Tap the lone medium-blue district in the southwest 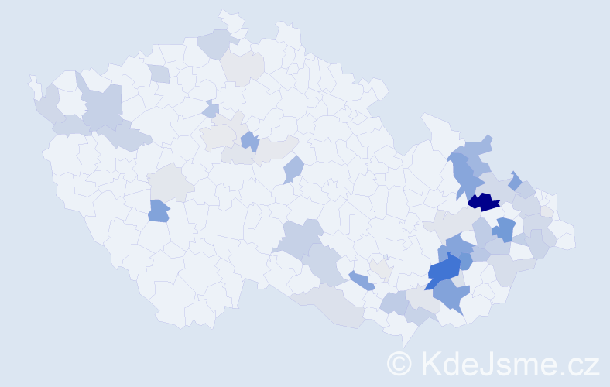tap(158, 211)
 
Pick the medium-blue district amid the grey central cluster tap(249, 141)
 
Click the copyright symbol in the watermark tap(399, 362)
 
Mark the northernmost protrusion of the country tap(227, 15)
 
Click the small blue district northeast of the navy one tap(515, 180)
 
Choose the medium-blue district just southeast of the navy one tap(505, 229)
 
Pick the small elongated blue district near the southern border tap(361, 280)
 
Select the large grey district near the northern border tap(242, 68)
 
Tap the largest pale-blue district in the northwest tap(103, 107)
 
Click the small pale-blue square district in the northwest tap(159, 74)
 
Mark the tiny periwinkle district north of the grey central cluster tap(211, 110)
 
